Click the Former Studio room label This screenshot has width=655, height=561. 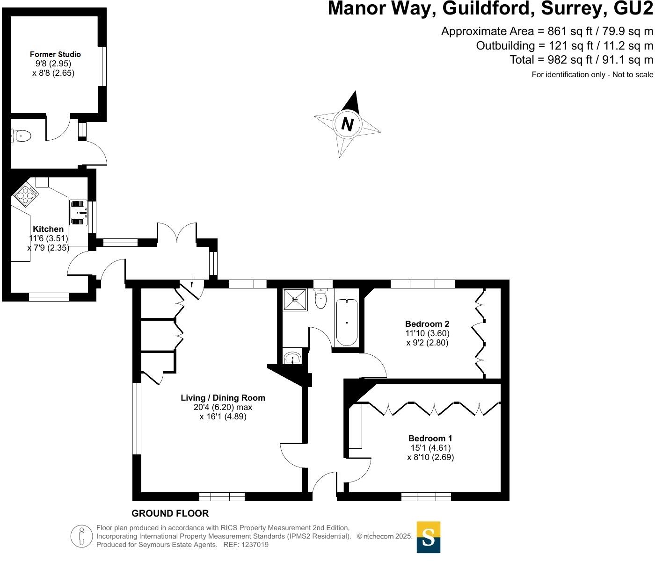pos(55,54)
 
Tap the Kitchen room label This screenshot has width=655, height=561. pos(48,229)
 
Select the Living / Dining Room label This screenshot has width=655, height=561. pos(223,398)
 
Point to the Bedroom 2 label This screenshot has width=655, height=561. pos(427,324)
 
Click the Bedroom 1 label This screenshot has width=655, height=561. pos(430,439)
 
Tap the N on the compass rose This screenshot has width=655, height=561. pos(347,124)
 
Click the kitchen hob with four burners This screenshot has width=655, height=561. pos(27,195)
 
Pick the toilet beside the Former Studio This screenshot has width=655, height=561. pos(21,136)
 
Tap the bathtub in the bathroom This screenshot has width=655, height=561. pos(347,322)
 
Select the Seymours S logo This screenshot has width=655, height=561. pos(428,537)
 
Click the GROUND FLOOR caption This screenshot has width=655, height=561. pos(170,513)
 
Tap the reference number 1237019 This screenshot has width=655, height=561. pos(253,545)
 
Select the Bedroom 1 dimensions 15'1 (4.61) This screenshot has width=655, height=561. pos(430,448)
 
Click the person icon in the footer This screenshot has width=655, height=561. pos(82,536)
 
